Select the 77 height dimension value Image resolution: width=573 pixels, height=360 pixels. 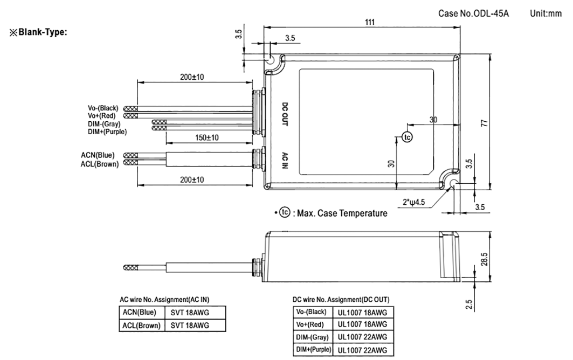(x=484, y=124)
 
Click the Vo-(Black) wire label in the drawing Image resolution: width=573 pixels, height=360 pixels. (x=103, y=108)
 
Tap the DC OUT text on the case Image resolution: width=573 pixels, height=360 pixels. (x=286, y=114)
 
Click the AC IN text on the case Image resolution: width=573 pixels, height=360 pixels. (x=286, y=161)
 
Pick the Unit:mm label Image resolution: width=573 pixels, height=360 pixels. (x=546, y=13)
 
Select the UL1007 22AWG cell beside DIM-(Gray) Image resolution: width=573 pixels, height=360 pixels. (x=362, y=337)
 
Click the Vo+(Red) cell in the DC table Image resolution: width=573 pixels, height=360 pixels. (x=310, y=324)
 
